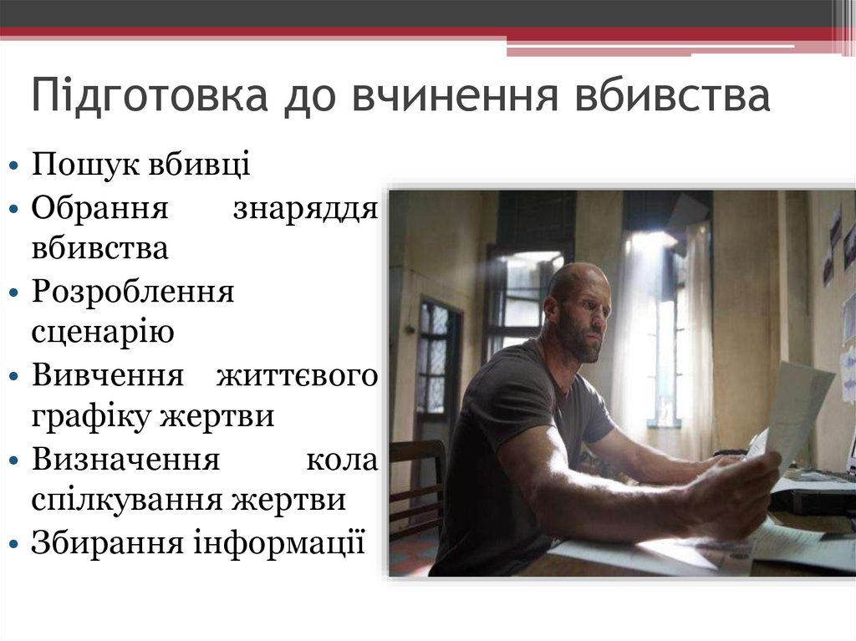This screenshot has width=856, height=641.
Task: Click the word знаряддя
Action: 305,206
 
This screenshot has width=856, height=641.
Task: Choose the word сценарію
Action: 103,333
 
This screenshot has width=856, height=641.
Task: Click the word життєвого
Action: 297,375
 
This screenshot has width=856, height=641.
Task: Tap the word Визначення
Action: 125,459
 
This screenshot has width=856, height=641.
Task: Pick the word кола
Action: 342,459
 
